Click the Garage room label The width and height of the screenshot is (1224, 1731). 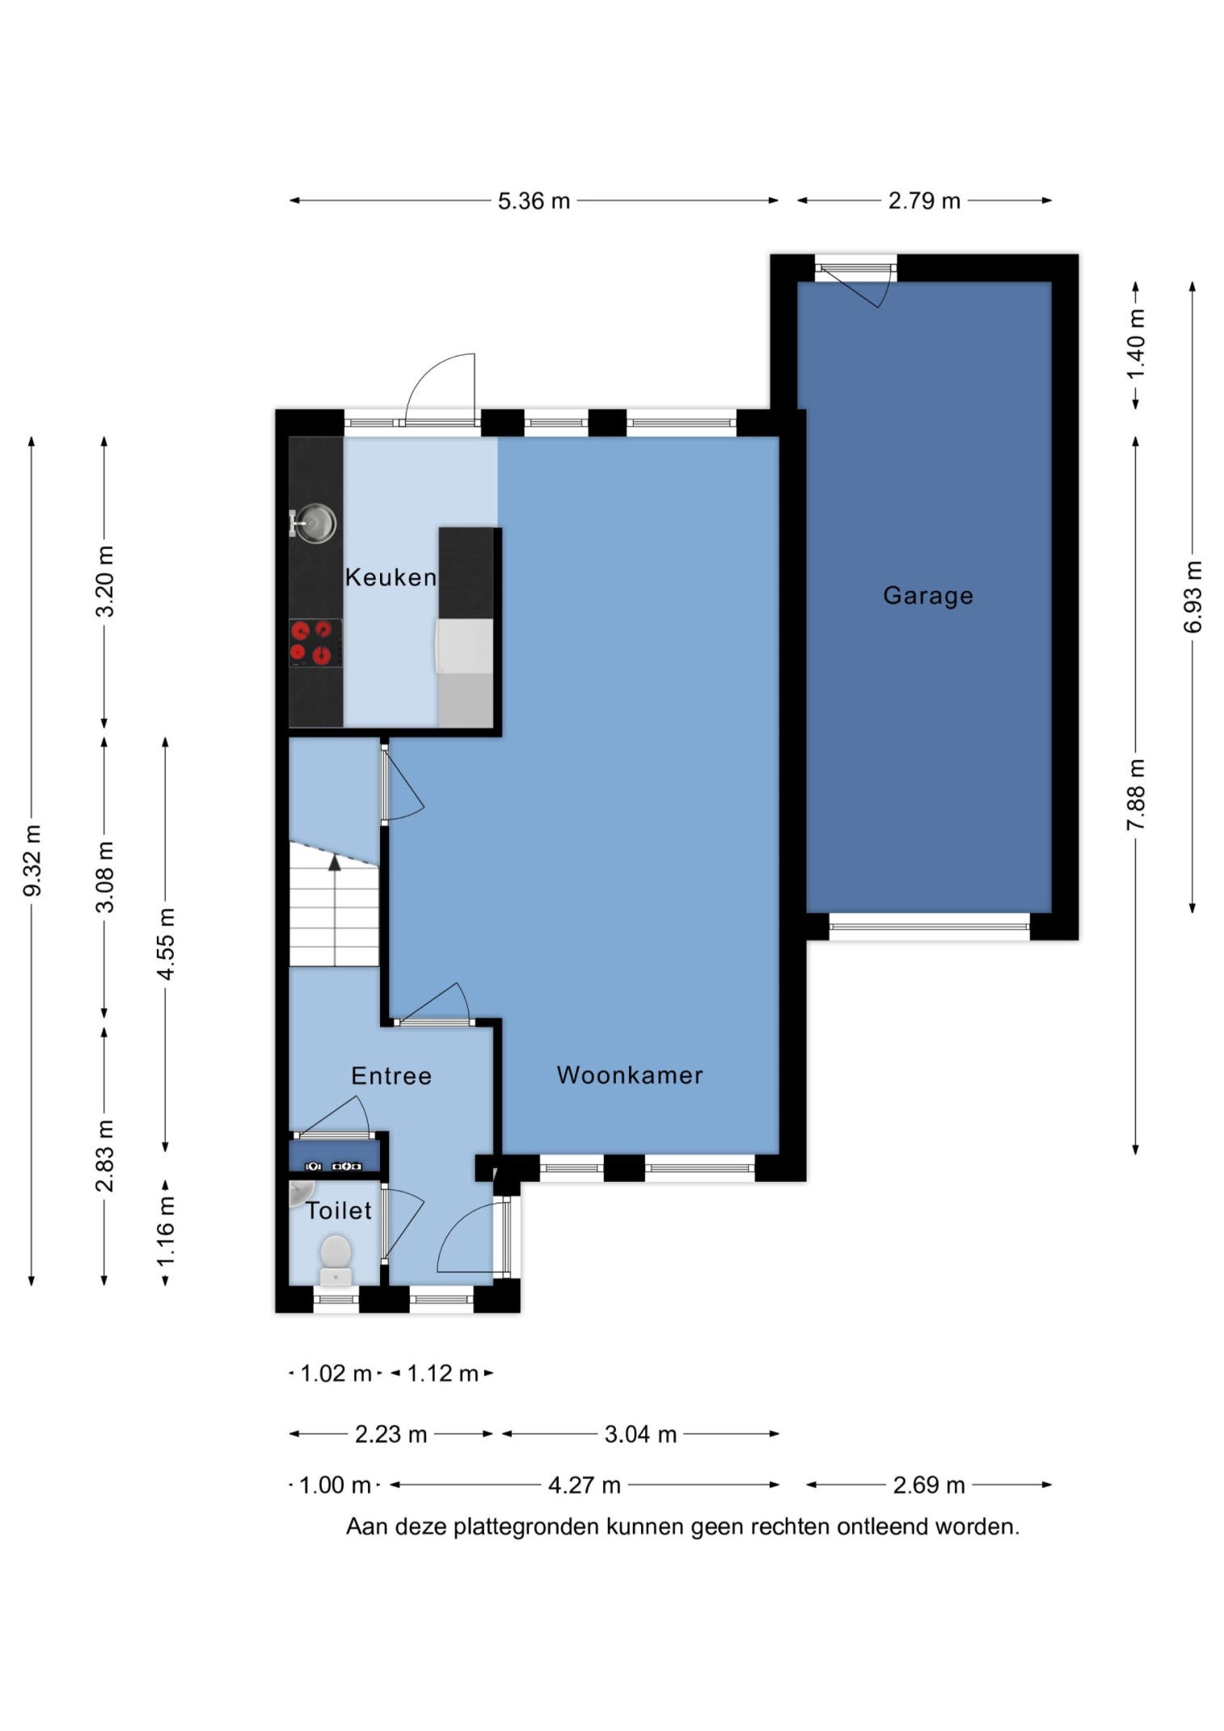927,596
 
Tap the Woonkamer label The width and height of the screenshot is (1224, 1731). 630,1075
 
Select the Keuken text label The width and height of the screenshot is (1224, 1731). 390,577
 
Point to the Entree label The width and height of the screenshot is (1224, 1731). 391,1076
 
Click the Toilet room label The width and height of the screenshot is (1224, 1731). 339,1211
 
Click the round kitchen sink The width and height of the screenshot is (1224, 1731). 314,523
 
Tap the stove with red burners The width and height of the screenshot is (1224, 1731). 315,643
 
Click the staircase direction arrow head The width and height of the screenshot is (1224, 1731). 335,862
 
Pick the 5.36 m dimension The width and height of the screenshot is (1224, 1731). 534,201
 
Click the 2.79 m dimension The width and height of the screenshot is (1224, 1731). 924,201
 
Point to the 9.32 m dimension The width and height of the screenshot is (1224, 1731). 32,860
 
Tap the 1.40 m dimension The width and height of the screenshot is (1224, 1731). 1137,344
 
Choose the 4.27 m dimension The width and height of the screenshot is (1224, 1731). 585,1485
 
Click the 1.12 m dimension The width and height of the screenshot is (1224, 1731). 442,1374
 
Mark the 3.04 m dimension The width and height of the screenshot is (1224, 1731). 640,1434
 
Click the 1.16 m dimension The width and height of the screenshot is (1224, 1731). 166,1231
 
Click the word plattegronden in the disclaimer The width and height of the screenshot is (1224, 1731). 527,1527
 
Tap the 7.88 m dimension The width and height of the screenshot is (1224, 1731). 1137,795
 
